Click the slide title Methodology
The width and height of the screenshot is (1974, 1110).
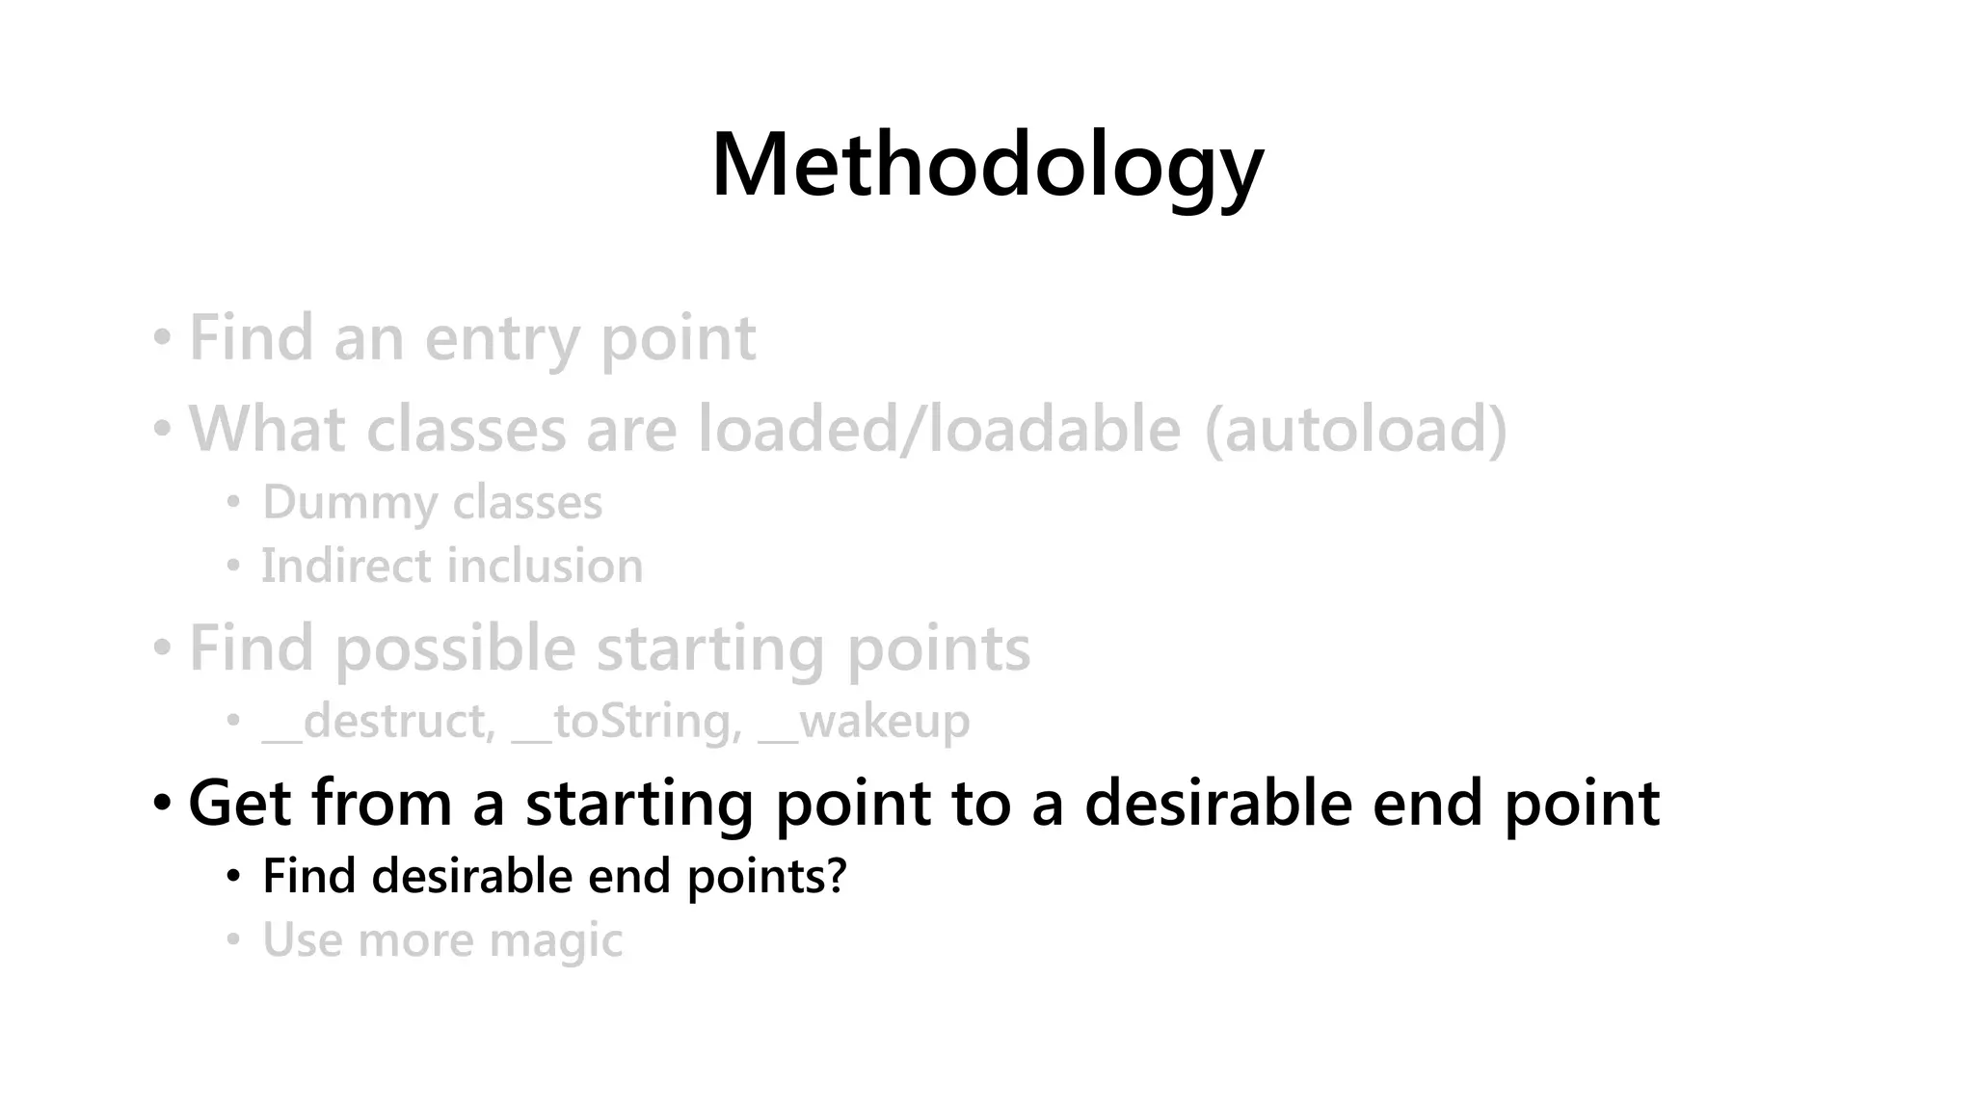point(987,166)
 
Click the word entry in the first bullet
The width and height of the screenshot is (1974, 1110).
point(501,339)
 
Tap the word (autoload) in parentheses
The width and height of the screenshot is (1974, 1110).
point(1355,429)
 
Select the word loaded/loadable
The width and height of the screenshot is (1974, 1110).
point(939,429)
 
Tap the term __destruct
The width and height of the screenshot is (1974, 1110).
point(379,721)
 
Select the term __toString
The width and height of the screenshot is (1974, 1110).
point(627,721)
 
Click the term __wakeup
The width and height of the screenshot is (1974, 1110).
point(864,721)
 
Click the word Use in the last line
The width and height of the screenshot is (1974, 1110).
point(301,940)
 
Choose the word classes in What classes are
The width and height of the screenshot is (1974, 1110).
point(467,429)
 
